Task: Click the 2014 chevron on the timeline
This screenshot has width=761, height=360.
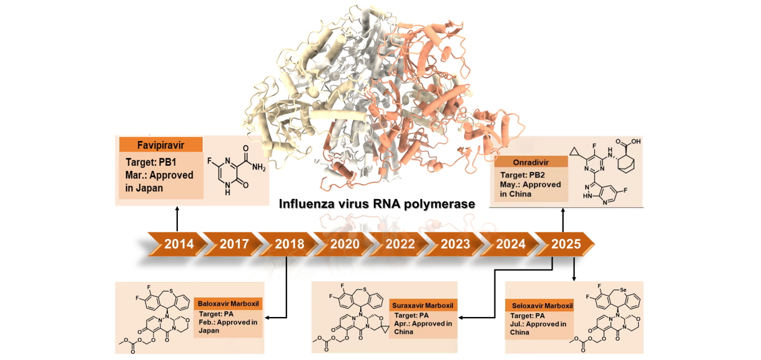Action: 179,244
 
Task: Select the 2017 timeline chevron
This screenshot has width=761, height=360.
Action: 233,244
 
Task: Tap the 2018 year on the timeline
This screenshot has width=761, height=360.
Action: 288,244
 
